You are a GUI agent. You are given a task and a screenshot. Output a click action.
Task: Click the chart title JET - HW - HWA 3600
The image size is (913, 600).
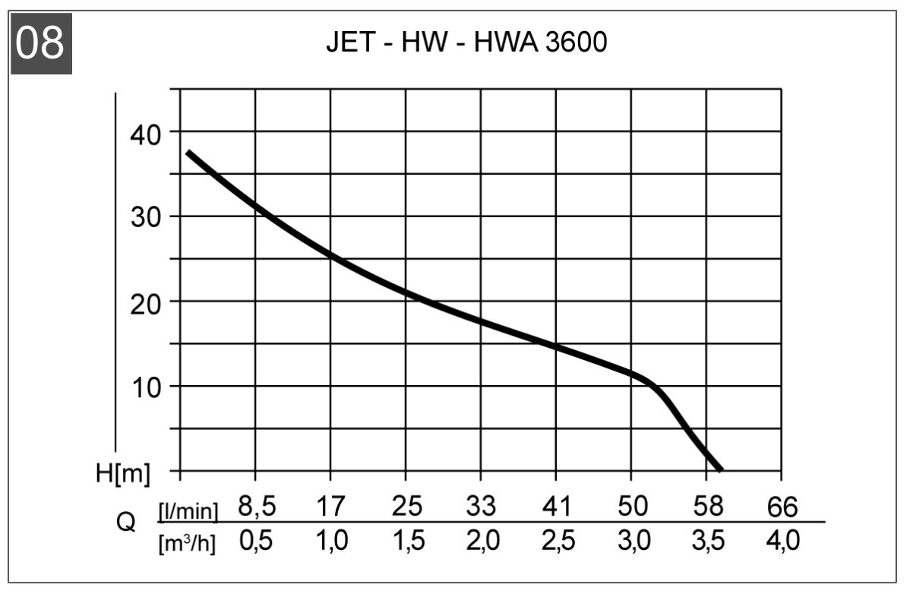(x=466, y=43)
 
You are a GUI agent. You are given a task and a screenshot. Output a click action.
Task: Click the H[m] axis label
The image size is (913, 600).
(x=123, y=474)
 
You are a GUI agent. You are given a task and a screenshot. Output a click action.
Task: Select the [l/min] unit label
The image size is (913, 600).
(x=188, y=511)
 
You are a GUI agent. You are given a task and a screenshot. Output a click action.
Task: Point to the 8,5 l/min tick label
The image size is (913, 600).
(x=254, y=505)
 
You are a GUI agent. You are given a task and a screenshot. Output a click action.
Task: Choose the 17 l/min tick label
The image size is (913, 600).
(x=330, y=505)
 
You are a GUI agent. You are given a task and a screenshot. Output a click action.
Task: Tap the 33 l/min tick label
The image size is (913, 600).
(x=480, y=505)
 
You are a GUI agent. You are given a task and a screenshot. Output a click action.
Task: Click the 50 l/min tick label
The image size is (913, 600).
(x=630, y=505)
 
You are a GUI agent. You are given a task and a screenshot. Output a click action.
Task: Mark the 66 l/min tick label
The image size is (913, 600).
(x=782, y=505)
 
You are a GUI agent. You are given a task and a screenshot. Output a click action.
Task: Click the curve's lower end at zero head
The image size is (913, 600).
(x=719, y=469)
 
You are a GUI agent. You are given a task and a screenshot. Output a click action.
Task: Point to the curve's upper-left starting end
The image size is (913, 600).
(x=188, y=153)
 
